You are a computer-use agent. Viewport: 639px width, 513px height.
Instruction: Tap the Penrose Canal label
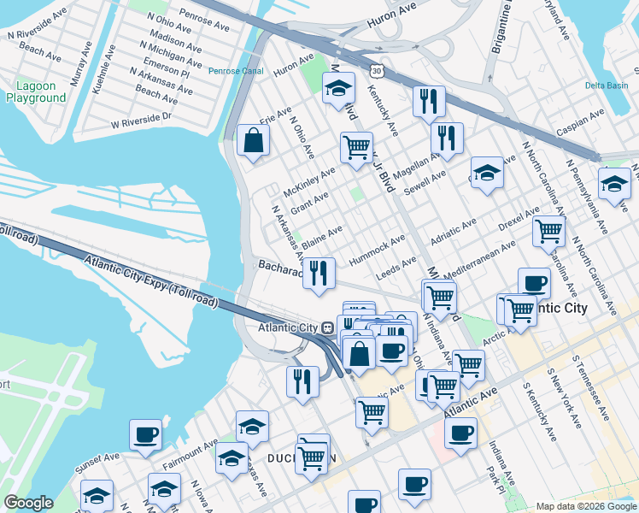pos(236,70)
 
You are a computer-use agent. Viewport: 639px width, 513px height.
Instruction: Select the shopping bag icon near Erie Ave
pos(254,141)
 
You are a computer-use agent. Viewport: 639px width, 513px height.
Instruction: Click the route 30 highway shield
pos(389,74)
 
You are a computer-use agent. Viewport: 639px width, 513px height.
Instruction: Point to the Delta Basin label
pos(607,85)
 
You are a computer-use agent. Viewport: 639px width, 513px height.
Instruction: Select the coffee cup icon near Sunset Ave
pos(145,434)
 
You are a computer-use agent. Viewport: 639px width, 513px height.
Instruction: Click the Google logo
pos(27,503)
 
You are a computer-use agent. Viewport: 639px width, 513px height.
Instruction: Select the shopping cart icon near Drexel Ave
pos(548,231)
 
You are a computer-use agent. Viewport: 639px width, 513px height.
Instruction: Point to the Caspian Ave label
pos(574,129)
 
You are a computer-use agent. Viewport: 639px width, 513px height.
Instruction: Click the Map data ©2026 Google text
pos(586,506)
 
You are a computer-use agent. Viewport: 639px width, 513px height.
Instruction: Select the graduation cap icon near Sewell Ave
pos(487,174)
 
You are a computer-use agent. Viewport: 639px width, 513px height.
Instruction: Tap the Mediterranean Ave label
pos(479,256)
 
